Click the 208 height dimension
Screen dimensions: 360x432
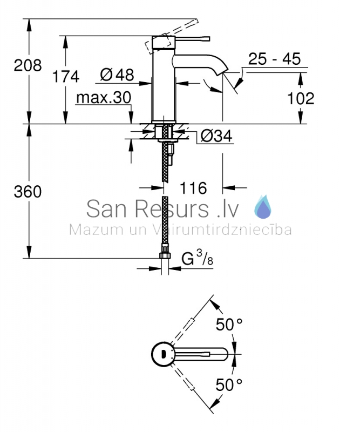(28, 65)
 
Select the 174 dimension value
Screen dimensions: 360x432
(66, 76)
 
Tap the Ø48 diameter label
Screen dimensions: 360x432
(117, 75)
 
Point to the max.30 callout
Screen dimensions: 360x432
(104, 98)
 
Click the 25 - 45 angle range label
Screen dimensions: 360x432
(274, 59)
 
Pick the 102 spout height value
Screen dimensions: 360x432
(301, 98)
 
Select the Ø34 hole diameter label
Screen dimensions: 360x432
(216, 136)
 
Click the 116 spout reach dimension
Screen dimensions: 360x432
(193, 188)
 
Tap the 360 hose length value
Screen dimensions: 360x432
(28, 192)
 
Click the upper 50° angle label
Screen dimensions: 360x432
(229, 325)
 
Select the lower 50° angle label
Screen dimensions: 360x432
(229, 384)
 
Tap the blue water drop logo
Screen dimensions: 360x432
(262, 207)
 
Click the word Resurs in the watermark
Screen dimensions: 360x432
(172, 209)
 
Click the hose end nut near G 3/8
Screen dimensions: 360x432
(165, 255)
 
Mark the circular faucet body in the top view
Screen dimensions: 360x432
(164, 354)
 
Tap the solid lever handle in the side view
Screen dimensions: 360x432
(192, 39)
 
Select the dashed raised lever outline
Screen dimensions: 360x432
(171, 36)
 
